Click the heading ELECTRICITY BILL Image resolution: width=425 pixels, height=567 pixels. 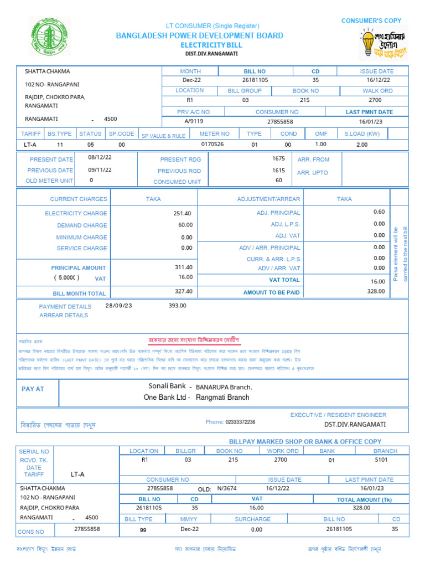point(200,44)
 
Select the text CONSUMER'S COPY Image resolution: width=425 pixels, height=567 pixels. point(371,20)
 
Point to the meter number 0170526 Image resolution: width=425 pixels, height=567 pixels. point(212,145)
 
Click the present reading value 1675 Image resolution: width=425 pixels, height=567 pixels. point(278,158)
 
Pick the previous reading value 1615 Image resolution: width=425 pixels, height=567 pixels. point(278,171)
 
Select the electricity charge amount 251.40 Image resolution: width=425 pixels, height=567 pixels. point(182,213)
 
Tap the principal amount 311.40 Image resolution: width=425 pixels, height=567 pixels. point(183,267)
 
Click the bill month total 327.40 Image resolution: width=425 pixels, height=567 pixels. point(183,291)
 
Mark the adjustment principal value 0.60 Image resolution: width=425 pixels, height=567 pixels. point(379,212)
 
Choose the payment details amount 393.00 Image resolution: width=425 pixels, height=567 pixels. point(177,305)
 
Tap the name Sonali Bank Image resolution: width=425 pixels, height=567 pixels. point(167,386)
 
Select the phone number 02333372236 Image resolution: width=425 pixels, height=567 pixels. point(241,422)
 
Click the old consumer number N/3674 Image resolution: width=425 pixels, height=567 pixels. point(226,489)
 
